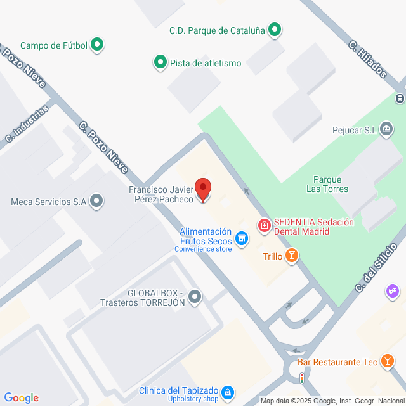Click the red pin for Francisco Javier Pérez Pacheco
coord(203,188)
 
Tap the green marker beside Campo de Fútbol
coord(97,44)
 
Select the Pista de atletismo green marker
coord(160,63)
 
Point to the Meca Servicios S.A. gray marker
coord(96,201)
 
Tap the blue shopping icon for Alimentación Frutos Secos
coord(241,239)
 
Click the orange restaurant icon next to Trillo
coord(291,256)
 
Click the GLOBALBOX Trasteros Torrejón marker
coord(194,296)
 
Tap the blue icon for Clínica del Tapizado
coord(228,390)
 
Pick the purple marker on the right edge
coord(391,291)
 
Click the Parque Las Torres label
coord(327,187)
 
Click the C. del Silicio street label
coord(371,274)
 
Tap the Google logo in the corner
coord(21,397)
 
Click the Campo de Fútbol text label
coord(54,45)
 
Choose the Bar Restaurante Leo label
coord(335,361)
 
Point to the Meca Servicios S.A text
coord(47,201)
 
